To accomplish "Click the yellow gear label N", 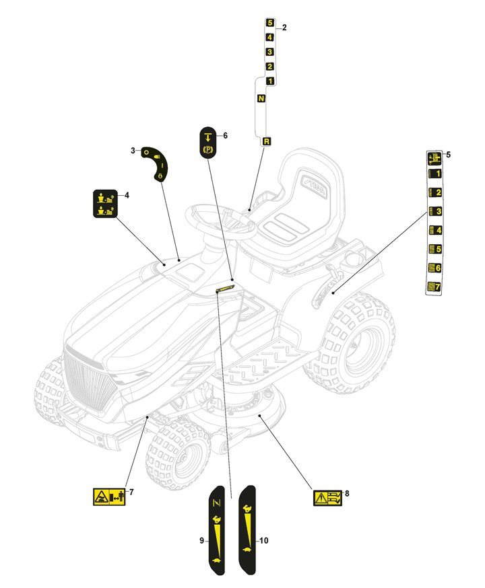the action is [x=261, y=98].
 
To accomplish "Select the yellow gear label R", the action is [x=266, y=141].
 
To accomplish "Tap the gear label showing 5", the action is [x=270, y=23].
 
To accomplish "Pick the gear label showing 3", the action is [x=269, y=52].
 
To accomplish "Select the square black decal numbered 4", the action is [x=106, y=204].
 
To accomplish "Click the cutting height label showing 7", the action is [x=434, y=287].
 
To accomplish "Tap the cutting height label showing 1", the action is [x=434, y=174].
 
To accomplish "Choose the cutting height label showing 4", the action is [x=434, y=230].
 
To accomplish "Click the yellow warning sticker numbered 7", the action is [x=109, y=497].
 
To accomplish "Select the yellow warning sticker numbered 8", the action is [x=328, y=498].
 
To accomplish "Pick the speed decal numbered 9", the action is [x=217, y=531].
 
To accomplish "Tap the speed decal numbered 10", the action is [x=247, y=530].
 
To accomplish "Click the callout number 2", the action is [x=284, y=28].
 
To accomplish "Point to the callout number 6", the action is [x=225, y=135].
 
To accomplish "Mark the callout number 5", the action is [x=448, y=155].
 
